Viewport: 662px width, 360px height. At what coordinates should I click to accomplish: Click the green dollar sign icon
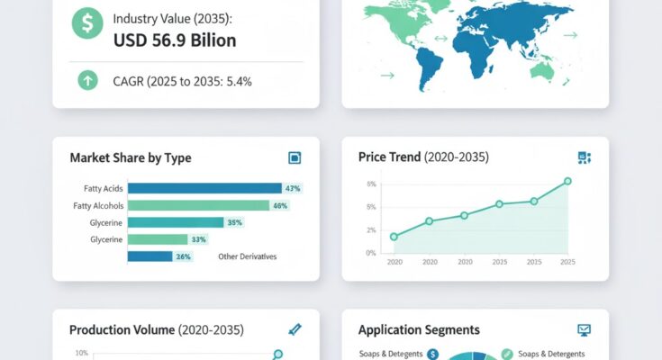(87, 24)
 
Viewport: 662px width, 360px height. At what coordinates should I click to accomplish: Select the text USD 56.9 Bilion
(175, 40)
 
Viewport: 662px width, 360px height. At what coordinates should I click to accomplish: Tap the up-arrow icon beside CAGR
(87, 81)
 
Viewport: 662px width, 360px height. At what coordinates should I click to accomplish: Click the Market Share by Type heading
(131, 157)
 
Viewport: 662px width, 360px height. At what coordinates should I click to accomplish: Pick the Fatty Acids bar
(204, 188)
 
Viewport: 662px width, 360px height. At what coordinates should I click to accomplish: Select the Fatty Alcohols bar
(198, 205)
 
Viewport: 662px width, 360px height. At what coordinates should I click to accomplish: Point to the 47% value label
(292, 188)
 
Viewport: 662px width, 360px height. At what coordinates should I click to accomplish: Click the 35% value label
(235, 222)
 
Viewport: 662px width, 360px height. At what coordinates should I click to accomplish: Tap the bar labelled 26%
(150, 256)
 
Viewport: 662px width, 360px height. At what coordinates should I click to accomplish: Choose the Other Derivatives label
(247, 256)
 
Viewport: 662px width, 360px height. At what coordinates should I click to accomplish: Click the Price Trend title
(423, 157)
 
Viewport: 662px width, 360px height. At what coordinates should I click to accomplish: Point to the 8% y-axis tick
(371, 184)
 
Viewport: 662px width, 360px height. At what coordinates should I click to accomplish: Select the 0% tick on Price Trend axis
(371, 253)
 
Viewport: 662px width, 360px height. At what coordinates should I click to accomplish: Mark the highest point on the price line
(567, 181)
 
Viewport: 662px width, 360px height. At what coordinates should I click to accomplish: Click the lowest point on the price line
(394, 237)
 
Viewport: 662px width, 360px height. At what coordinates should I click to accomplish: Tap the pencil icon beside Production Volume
(295, 330)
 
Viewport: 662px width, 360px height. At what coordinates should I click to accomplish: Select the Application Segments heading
(419, 330)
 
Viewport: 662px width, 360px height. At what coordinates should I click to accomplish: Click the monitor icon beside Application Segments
(584, 330)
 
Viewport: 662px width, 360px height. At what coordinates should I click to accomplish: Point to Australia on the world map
(543, 68)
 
